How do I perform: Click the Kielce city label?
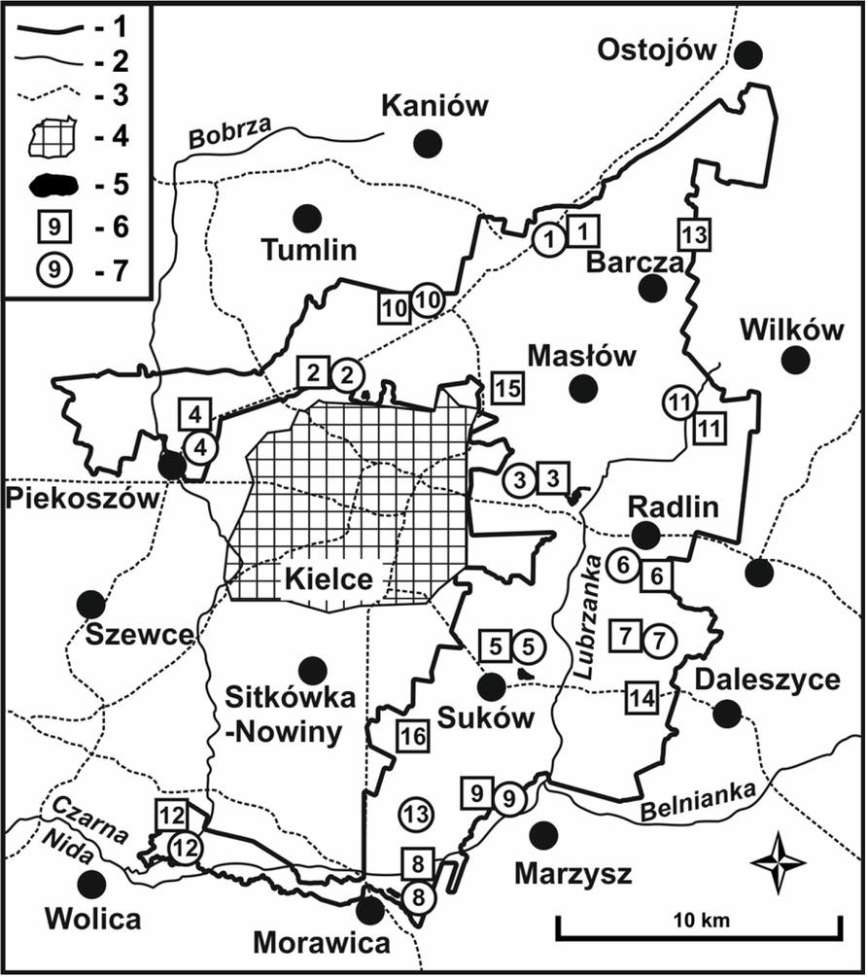(x=329, y=580)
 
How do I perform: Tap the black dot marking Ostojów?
(x=747, y=55)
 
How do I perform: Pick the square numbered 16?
(x=411, y=737)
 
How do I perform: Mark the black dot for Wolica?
(x=92, y=885)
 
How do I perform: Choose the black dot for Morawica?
(x=369, y=911)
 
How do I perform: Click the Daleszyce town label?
(x=768, y=679)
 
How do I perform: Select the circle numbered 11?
(x=679, y=401)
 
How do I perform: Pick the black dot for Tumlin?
(x=308, y=219)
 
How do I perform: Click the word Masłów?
(x=581, y=356)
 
